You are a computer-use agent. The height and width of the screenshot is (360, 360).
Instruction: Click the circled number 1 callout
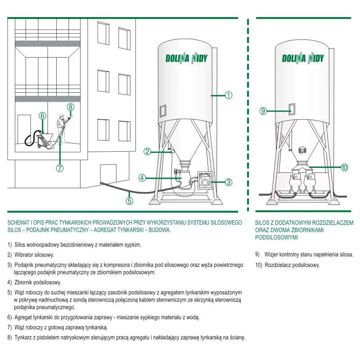pyautogui.click(x=228, y=95)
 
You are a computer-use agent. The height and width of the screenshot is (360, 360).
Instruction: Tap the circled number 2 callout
pyautogui.click(x=147, y=152)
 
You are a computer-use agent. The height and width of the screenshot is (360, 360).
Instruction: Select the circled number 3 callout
pyautogui.click(x=229, y=182)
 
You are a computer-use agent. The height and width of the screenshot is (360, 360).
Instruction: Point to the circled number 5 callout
pyautogui.click(x=130, y=201)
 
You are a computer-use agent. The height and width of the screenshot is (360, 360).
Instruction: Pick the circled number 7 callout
pyautogui.click(x=60, y=168)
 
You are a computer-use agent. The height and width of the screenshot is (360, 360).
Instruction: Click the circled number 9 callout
pyautogui.click(x=263, y=111)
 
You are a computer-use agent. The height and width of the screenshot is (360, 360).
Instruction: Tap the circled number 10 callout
pyautogui.click(x=344, y=167)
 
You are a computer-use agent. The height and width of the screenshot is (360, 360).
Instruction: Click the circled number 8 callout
pyautogui.click(x=71, y=107)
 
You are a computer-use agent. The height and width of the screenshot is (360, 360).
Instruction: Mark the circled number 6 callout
pyautogui.click(x=42, y=116)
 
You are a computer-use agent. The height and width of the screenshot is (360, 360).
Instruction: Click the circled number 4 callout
pyautogui.click(x=142, y=178)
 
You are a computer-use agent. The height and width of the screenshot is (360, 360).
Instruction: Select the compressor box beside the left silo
pyautogui.click(x=205, y=180)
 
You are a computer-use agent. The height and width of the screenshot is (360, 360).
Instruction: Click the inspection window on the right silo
pyautogui.click(x=292, y=109)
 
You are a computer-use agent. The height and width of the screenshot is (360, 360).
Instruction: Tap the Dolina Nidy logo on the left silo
pyautogui.click(x=186, y=58)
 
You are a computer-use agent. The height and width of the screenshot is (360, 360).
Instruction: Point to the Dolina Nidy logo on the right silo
pyautogui.click(x=303, y=58)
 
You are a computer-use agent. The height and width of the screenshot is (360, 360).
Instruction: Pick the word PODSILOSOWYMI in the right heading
pyautogui.click(x=276, y=238)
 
